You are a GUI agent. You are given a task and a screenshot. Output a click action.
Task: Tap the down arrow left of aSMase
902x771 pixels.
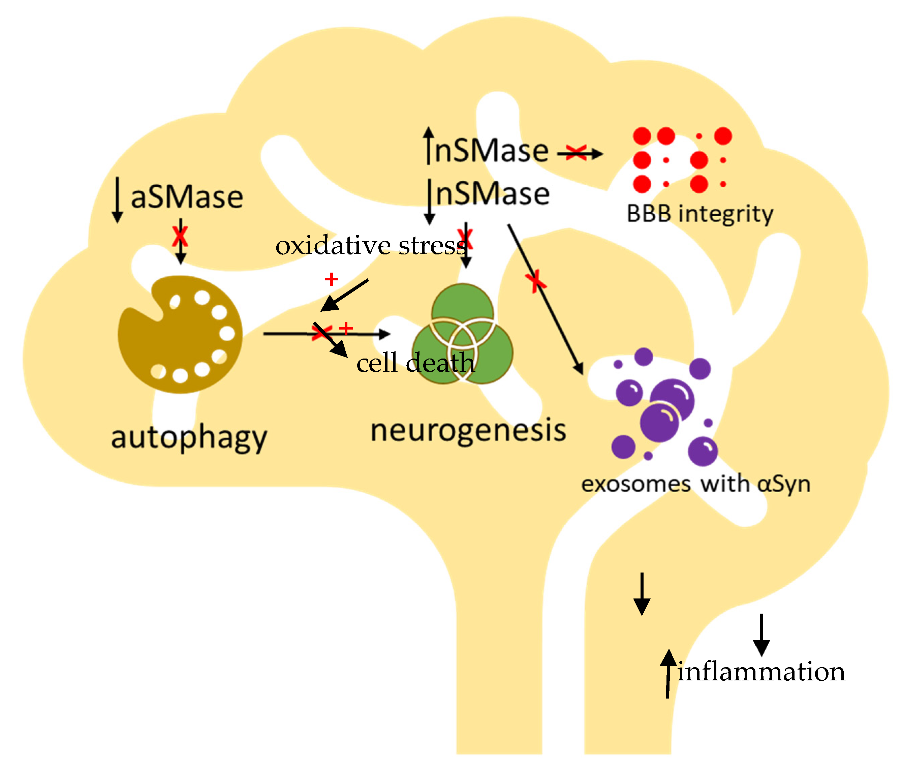(117, 199)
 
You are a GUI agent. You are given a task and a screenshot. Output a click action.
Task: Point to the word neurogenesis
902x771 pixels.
(468, 431)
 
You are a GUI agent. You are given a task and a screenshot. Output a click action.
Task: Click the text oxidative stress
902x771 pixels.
(370, 246)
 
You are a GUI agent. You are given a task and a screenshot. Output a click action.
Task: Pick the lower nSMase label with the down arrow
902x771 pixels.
(492, 194)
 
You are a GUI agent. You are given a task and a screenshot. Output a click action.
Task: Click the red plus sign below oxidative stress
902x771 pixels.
(331, 279)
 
